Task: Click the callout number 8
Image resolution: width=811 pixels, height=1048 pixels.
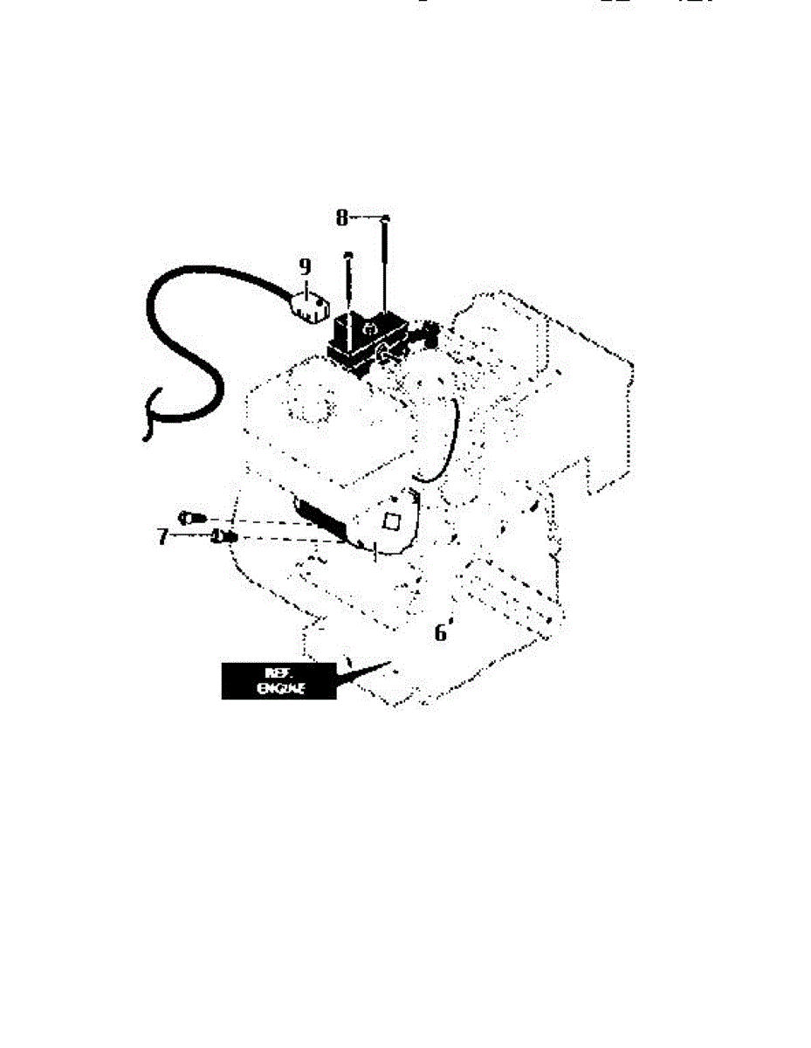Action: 342,217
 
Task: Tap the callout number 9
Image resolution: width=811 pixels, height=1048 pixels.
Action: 304,265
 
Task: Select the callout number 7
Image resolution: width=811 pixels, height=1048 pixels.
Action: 162,535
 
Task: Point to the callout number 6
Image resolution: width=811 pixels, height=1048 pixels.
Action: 442,631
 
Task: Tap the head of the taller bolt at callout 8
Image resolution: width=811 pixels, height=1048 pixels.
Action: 386,218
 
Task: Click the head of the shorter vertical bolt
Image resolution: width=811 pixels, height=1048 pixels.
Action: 348,254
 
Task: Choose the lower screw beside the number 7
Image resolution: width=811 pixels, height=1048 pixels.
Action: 221,536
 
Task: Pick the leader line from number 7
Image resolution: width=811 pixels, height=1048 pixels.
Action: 190,536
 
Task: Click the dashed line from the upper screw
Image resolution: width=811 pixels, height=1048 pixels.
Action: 253,522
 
